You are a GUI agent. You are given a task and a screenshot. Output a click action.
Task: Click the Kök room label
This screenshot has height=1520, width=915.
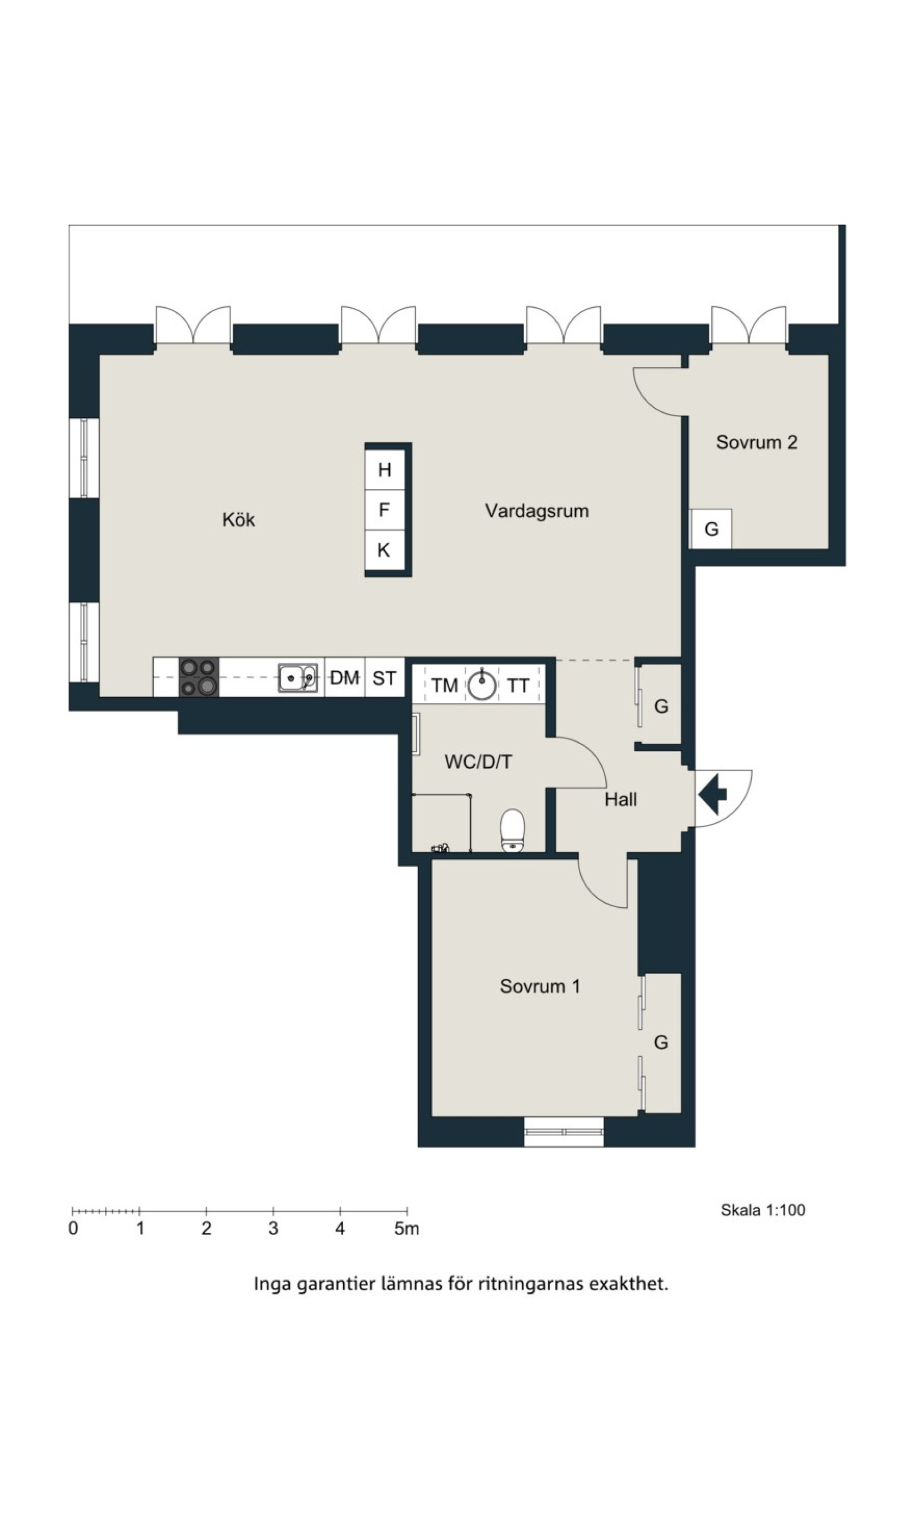point(239,519)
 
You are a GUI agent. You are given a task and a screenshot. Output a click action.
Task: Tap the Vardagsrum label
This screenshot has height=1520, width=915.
point(536,511)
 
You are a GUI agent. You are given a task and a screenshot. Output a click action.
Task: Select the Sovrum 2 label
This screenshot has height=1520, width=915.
point(757,442)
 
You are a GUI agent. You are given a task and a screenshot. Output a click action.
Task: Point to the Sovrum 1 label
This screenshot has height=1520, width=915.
point(540,987)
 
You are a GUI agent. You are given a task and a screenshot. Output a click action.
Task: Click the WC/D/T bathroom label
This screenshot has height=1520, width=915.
point(478,762)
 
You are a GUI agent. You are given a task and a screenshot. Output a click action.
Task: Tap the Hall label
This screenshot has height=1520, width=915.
point(620,799)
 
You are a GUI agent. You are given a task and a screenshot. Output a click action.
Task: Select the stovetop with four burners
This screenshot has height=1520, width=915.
point(199,677)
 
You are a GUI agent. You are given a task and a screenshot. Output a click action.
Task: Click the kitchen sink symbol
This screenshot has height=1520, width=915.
point(298,678)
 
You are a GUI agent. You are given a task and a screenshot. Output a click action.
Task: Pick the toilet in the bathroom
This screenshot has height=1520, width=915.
point(512,831)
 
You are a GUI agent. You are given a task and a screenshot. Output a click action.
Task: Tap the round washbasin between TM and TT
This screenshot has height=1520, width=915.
point(481,686)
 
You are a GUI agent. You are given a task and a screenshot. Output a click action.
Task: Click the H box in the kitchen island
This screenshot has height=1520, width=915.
point(384,470)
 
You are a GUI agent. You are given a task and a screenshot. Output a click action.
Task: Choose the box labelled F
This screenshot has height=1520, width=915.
point(384,510)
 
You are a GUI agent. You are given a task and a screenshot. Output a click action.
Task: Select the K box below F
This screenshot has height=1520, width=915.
point(384,549)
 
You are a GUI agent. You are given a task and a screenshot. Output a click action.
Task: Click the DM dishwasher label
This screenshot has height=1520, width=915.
point(345,678)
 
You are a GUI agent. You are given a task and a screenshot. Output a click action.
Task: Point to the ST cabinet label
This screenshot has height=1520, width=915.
point(384,678)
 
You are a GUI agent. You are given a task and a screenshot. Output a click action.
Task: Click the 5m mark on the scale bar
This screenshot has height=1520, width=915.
point(407,1228)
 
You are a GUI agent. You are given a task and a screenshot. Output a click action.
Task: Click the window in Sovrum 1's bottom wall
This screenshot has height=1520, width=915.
point(564,1132)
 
